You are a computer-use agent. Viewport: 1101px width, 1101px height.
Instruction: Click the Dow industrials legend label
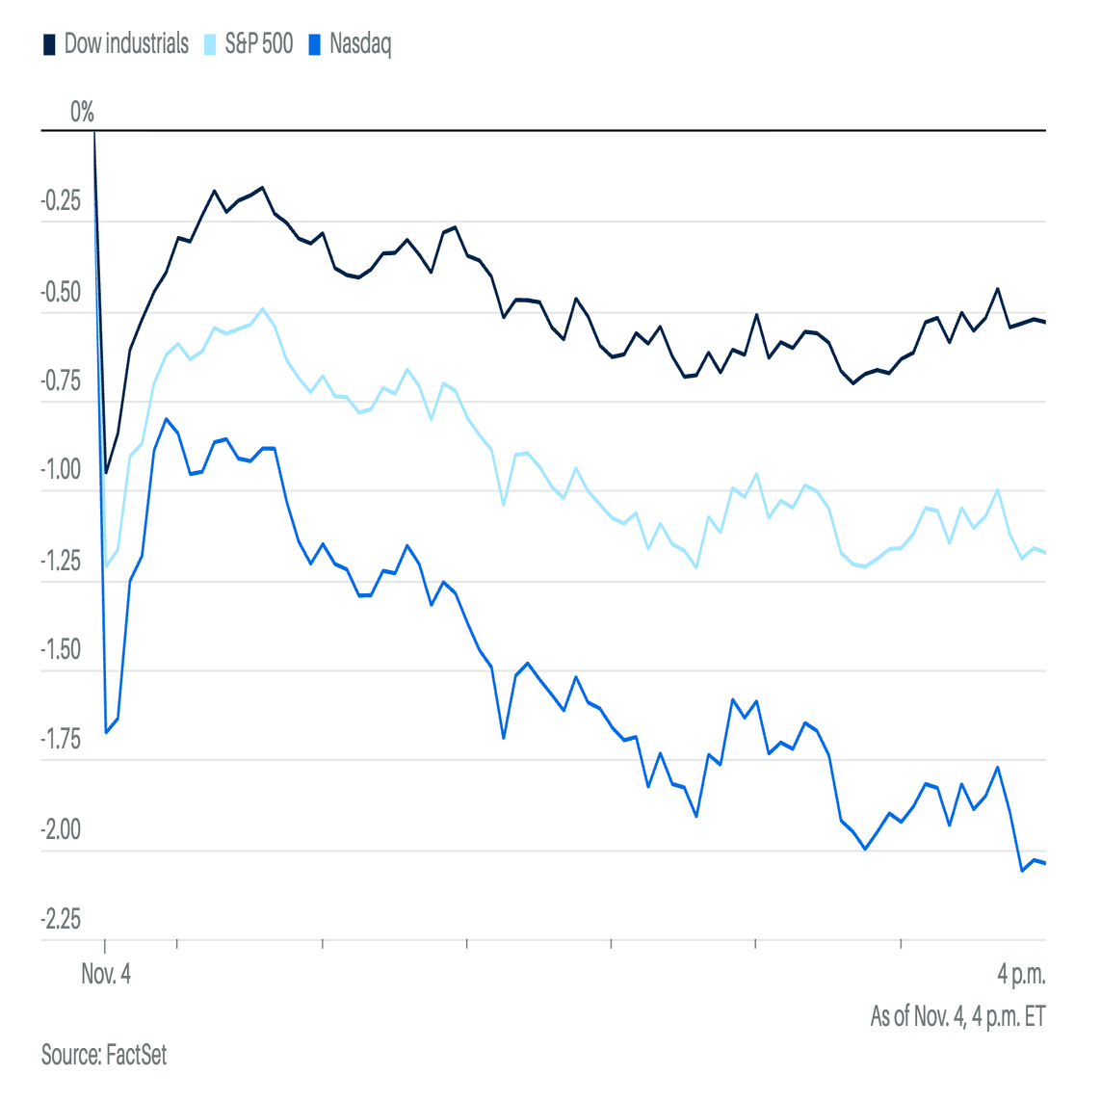[126, 44]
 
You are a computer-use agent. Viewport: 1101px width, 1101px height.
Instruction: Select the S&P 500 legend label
[258, 44]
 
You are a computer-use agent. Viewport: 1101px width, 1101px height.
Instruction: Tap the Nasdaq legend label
[360, 44]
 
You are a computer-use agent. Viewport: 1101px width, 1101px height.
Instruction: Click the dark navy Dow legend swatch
[49, 45]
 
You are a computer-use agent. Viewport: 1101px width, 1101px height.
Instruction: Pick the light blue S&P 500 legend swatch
[210, 45]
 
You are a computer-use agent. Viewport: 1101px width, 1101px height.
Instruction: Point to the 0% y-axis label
[82, 113]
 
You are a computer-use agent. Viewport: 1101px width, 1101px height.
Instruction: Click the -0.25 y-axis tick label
[61, 202]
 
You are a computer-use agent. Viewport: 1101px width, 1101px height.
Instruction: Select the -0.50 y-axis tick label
[61, 293]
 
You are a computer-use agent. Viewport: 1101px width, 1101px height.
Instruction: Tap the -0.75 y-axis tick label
[61, 381]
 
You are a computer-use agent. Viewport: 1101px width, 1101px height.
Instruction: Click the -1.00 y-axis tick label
[61, 471]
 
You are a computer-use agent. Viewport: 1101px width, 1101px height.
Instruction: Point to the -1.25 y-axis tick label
[61, 561]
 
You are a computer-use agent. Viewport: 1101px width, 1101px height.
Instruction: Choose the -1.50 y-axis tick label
[61, 650]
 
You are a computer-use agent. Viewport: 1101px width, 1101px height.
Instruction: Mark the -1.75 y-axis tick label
[61, 740]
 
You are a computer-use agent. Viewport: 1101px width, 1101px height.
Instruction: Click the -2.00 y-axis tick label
[61, 830]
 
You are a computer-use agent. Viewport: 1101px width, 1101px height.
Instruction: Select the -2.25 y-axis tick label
[61, 920]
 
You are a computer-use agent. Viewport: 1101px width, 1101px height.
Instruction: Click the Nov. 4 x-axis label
[106, 974]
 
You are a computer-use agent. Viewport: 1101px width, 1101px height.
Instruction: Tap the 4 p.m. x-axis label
[1021, 974]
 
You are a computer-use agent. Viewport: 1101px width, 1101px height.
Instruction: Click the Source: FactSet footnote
[104, 1055]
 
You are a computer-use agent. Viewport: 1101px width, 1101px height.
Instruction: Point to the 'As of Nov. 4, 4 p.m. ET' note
[957, 1016]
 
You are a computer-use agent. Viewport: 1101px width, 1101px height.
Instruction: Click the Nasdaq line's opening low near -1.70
[106, 733]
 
